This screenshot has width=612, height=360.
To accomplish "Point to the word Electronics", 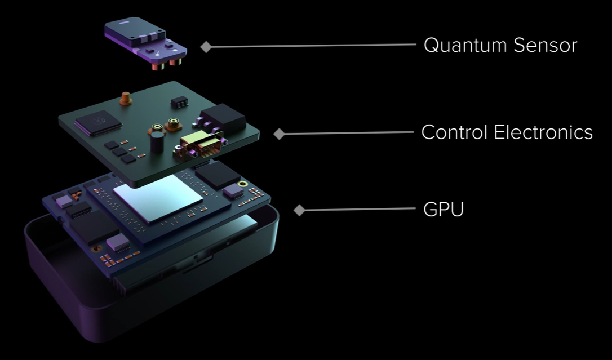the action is [543, 132].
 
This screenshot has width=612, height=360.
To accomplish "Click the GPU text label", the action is [444, 210].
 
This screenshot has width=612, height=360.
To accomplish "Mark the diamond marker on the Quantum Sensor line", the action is [206, 47].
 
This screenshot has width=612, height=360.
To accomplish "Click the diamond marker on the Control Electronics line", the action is [279, 134].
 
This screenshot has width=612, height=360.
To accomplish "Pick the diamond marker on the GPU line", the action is [299, 210].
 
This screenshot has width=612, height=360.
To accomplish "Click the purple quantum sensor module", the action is [145, 42].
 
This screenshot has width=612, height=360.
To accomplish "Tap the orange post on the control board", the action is [126, 98].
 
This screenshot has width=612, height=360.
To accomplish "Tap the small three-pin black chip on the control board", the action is [180, 102].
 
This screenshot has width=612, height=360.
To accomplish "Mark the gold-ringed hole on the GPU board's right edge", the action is [243, 184].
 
